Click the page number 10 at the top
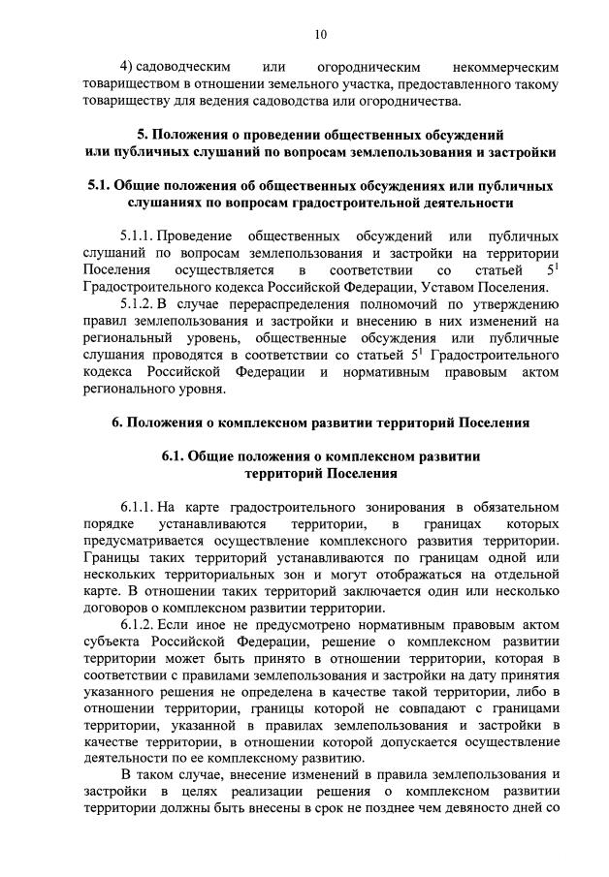click(320, 34)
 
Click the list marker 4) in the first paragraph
click(126, 68)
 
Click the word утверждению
click(515, 303)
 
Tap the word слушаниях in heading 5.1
click(170, 203)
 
